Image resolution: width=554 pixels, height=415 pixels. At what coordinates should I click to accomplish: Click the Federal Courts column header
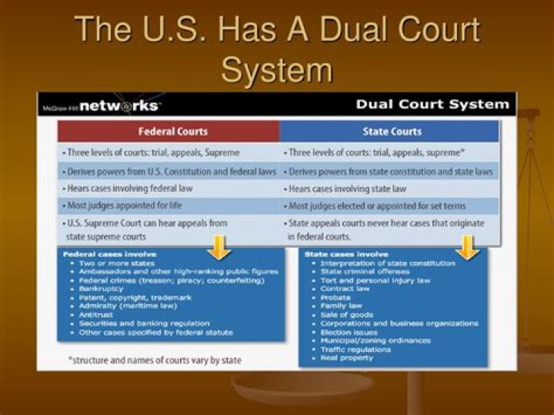(x=167, y=131)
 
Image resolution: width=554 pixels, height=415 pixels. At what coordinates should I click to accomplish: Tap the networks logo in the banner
(x=122, y=105)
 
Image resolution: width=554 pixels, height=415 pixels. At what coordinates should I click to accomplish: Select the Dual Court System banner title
(x=432, y=104)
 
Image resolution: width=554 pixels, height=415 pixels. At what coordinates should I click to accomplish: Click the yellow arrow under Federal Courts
(x=220, y=247)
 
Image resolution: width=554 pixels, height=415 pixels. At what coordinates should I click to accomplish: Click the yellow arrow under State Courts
(x=467, y=247)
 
